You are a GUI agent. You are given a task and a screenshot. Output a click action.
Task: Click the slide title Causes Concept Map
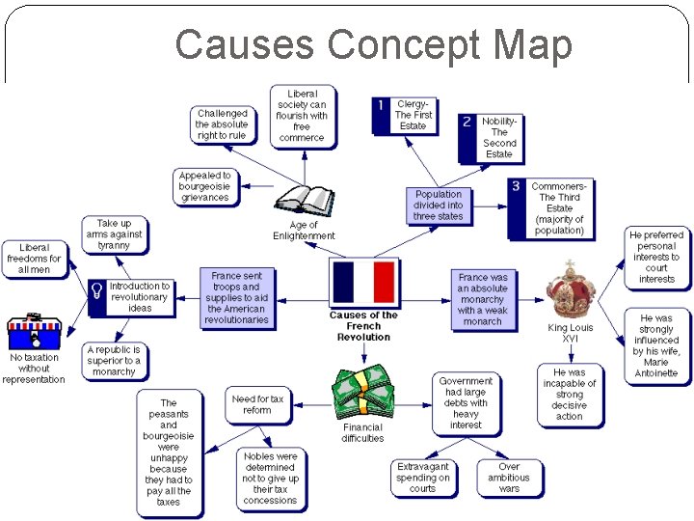click(x=373, y=44)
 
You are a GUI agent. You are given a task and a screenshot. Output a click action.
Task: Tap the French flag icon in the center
click(x=363, y=283)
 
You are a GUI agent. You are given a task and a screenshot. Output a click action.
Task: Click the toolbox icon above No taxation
click(x=34, y=332)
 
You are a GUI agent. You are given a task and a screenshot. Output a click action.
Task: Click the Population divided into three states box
click(x=439, y=206)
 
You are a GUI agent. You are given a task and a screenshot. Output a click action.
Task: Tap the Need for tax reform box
click(x=257, y=404)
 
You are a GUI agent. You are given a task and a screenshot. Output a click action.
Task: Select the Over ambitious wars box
click(x=509, y=478)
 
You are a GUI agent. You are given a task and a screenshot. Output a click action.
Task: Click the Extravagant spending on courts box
click(x=423, y=478)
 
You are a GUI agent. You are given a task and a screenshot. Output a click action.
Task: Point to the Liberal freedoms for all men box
click(x=34, y=260)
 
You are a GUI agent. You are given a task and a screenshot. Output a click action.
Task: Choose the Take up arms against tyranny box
click(x=114, y=234)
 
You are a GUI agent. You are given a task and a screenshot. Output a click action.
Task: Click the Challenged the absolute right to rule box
click(x=223, y=124)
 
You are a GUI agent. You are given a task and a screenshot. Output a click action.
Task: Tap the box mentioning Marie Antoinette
click(x=655, y=345)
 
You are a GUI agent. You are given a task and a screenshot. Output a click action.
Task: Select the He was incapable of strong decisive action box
click(x=569, y=394)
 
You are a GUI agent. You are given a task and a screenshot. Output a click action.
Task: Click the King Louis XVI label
click(x=571, y=333)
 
